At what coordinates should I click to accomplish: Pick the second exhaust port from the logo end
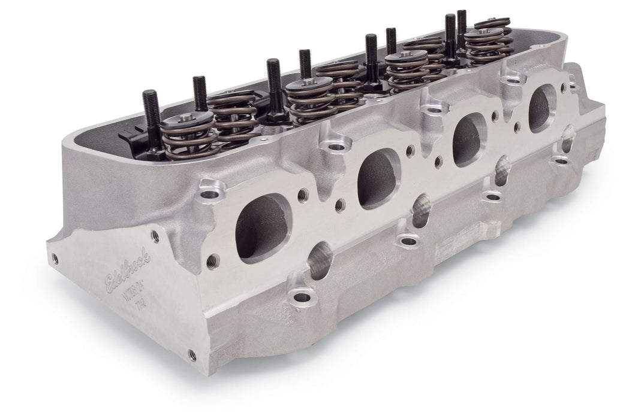click(x=378, y=177)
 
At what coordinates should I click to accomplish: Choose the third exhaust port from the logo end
click(x=468, y=139)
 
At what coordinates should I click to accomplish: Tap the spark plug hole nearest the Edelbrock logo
click(x=319, y=261)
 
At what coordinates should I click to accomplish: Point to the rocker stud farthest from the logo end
click(x=461, y=26)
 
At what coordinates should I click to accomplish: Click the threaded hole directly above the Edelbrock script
click(x=155, y=236)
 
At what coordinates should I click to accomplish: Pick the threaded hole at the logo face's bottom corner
click(x=192, y=355)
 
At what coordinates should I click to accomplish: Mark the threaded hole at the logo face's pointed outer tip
click(x=55, y=258)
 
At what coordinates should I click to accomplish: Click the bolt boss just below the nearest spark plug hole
click(x=302, y=296)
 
